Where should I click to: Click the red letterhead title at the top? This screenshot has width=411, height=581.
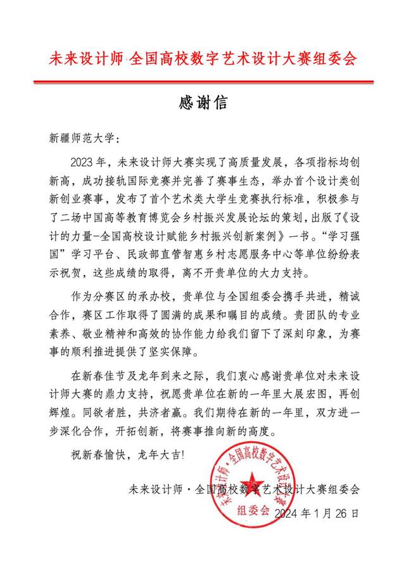(203, 60)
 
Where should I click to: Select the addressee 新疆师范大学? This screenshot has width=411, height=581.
(79, 137)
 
